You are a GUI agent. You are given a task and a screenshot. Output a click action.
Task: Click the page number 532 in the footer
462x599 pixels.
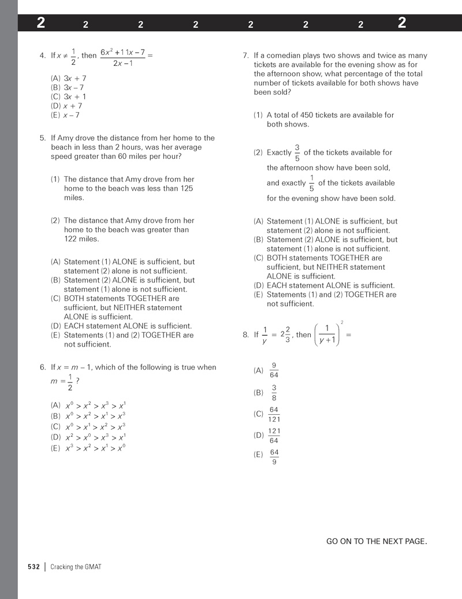pyautogui.click(x=33, y=567)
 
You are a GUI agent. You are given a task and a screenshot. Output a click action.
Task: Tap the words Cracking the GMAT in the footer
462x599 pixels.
pyautogui.click(x=76, y=567)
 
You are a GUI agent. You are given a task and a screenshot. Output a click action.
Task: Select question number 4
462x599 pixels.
pyautogui.click(x=43, y=56)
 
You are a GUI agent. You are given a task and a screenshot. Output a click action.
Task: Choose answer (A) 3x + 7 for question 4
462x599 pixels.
pyautogui.click(x=69, y=78)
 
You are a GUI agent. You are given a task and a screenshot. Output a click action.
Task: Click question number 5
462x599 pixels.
pyautogui.click(x=43, y=138)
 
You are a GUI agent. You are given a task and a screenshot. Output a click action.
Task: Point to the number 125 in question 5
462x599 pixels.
pyautogui.click(x=187, y=188)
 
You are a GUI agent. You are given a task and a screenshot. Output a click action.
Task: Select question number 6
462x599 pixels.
pyautogui.click(x=43, y=367)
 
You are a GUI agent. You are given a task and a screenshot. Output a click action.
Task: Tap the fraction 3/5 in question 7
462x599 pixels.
pyautogui.click(x=297, y=152)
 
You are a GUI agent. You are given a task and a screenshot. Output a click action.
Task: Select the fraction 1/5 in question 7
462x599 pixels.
pyautogui.click(x=312, y=183)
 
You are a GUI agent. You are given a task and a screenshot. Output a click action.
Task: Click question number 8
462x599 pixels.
pyautogui.click(x=246, y=334)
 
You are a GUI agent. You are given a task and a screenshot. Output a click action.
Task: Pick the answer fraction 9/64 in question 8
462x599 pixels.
pyautogui.click(x=274, y=370)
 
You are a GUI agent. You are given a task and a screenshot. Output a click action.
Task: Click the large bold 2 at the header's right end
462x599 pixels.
pyautogui.click(x=402, y=23)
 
